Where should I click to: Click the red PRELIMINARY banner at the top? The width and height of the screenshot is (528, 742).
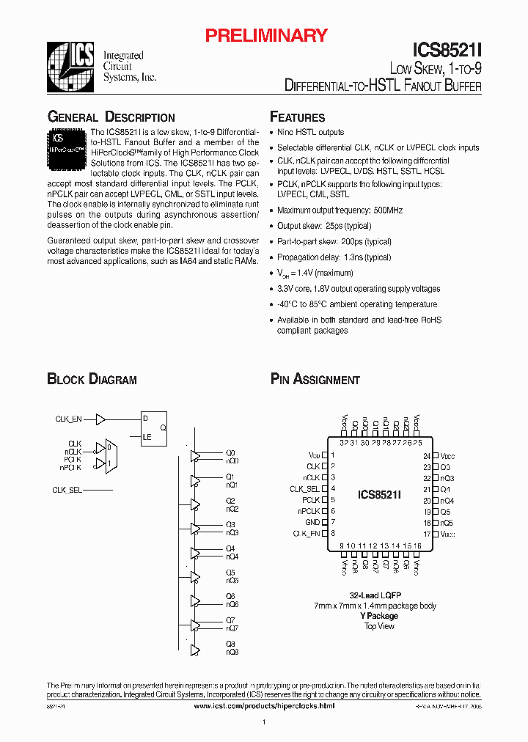coord(265,35)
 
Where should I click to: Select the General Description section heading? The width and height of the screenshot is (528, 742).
coord(111,117)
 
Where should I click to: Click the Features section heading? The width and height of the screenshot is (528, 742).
coord(297,117)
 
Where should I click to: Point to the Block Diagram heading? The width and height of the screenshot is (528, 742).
coord(92,379)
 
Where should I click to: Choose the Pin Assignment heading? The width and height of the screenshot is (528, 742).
coord(315,379)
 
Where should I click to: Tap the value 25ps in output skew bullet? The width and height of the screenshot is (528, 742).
coord(337,226)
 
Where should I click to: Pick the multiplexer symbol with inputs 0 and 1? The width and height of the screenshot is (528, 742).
coord(109,455)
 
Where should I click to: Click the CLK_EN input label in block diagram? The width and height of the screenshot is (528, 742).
coord(68,419)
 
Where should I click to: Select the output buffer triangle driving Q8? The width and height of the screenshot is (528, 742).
coord(195,649)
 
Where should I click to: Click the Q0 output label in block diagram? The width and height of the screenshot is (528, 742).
coord(230,452)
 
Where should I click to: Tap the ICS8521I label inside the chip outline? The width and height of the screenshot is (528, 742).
coord(379,495)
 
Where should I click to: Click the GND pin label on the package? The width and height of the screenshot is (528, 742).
coord(313,522)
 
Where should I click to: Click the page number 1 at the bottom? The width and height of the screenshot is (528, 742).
coord(263,723)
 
